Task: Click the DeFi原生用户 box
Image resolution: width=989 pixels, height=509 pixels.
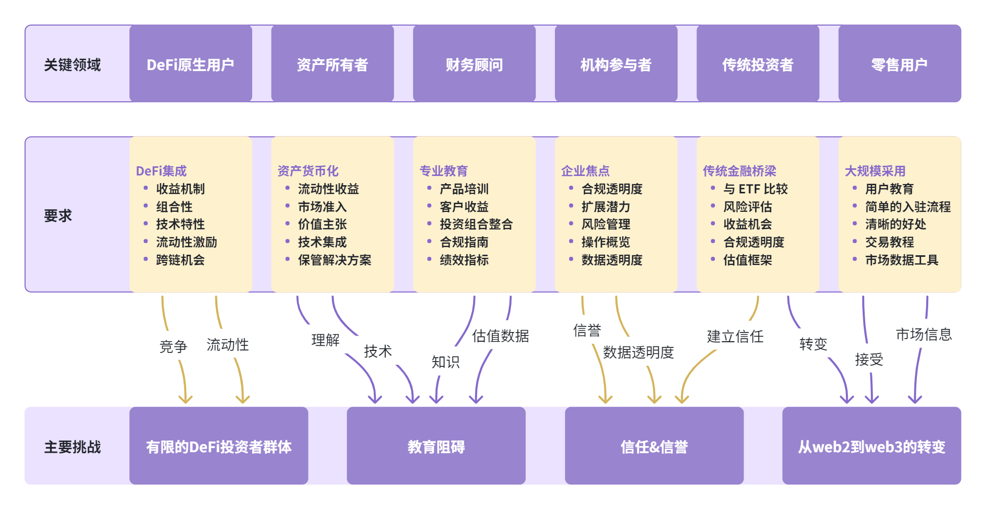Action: tap(190, 64)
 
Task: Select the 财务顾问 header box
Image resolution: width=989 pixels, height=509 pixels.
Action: tap(474, 64)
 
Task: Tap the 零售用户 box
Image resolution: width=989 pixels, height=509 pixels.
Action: tap(899, 64)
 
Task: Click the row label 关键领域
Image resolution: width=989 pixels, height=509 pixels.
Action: tap(72, 65)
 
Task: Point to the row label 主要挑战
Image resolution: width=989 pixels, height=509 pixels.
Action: tap(72, 447)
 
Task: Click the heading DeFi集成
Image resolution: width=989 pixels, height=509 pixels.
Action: tap(161, 171)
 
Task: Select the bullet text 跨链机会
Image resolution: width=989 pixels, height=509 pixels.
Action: tap(180, 260)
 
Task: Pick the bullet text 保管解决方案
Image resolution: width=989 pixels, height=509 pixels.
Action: tap(334, 260)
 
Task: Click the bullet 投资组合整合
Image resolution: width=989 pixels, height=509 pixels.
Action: tap(476, 224)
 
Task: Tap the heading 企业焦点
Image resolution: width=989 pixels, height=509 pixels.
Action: tap(585, 171)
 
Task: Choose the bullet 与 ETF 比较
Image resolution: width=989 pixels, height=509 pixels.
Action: tap(755, 189)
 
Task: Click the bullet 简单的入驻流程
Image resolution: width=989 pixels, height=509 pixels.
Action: tap(908, 207)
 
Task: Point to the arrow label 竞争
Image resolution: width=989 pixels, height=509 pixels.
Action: tap(173, 346)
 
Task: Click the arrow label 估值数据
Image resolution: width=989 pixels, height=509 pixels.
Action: tap(500, 336)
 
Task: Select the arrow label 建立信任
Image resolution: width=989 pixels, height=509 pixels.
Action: tap(735, 336)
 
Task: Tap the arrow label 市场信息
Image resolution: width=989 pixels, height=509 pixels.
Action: tap(924, 334)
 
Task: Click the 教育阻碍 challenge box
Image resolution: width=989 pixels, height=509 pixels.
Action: tap(436, 446)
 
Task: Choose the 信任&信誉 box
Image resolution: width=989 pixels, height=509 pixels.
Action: tap(654, 446)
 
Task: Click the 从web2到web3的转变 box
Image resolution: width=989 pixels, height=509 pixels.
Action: tap(871, 446)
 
